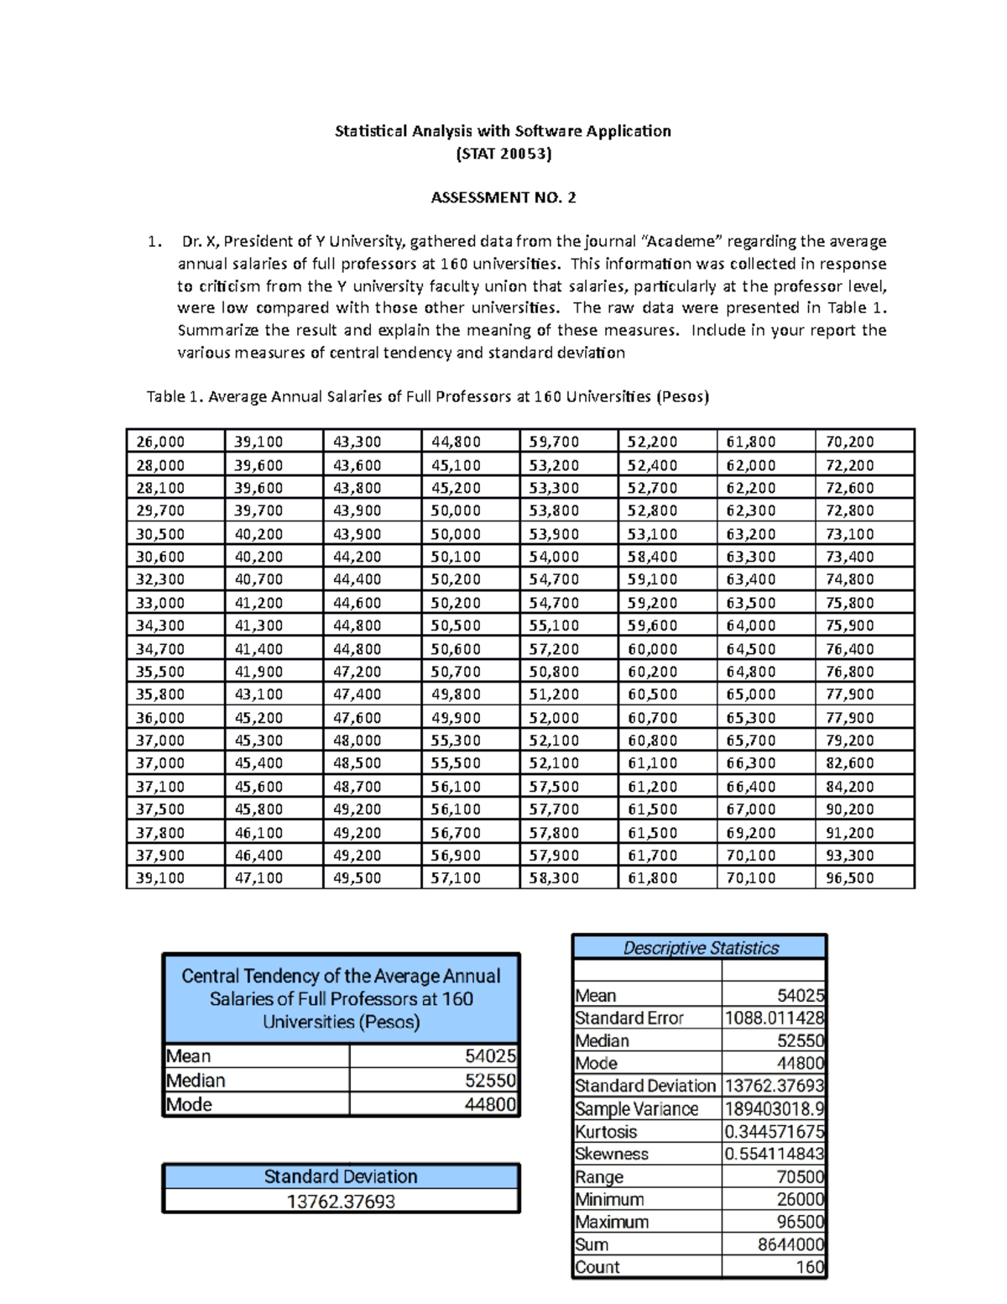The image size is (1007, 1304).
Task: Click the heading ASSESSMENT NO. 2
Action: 503,198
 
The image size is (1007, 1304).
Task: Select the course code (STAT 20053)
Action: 503,154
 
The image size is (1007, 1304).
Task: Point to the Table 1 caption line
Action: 428,396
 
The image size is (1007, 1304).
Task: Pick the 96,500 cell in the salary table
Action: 849,878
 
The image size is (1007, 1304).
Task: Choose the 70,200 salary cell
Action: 849,442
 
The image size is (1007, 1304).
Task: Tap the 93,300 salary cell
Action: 849,856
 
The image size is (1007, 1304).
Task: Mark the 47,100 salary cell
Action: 258,878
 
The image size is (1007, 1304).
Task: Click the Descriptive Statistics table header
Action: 700,948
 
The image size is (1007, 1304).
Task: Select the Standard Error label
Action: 629,1019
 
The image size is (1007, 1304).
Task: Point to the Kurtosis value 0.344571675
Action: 774,1132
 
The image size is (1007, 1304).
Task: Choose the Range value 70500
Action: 801,1177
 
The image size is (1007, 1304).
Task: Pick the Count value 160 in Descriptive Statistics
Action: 811,1268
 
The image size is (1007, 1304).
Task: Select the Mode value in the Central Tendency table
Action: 490,1105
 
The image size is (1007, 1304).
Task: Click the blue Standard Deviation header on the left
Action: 341,1176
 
